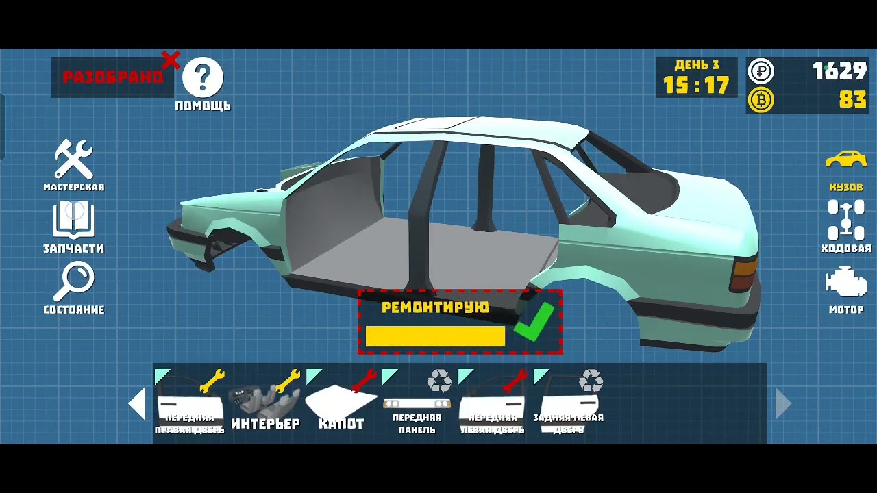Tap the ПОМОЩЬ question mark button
(x=203, y=77)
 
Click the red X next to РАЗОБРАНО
(x=171, y=60)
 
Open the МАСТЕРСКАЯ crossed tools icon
(x=74, y=159)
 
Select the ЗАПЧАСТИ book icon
(x=74, y=219)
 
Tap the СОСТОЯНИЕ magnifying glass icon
(x=74, y=281)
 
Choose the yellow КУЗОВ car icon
(x=846, y=160)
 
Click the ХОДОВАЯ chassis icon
(x=846, y=220)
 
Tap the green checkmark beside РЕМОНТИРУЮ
(x=534, y=323)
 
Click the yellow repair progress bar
(x=435, y=336)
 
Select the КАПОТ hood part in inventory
(x=341, y=403)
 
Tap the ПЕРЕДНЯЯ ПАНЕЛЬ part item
(x=417, y=404)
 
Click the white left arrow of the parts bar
(x=137, y=403)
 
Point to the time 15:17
(x=696, y=86)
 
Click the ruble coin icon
(x=761, y=71)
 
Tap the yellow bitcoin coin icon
(x=761, y=100)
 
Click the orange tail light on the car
(x=745, y=271)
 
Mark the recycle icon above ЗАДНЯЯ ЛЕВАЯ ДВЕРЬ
(x=591, y=381)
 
